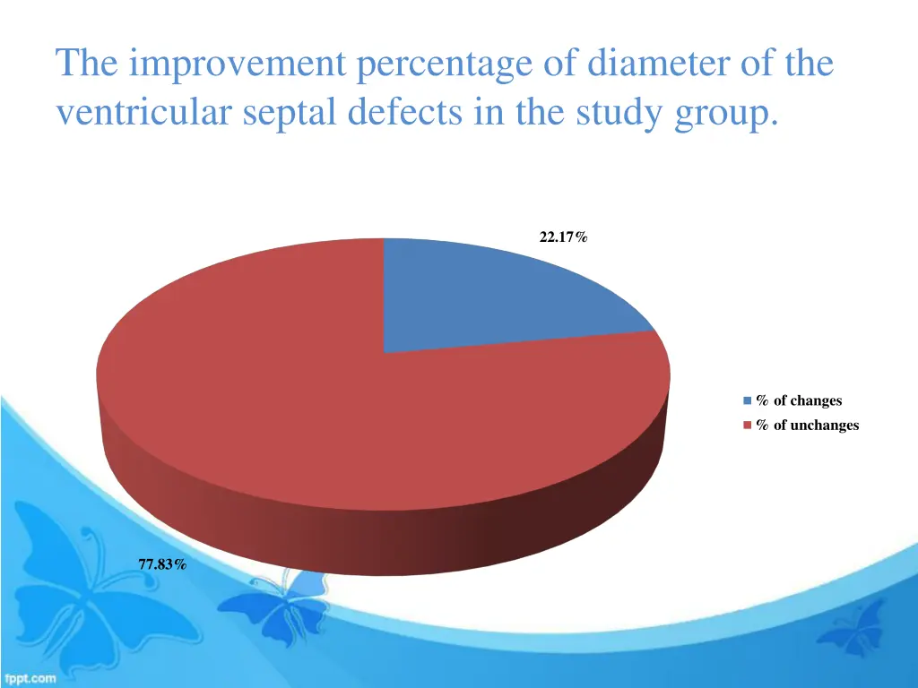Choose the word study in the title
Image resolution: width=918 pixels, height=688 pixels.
coord(614,115)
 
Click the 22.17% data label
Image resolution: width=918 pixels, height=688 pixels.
coord(563,237)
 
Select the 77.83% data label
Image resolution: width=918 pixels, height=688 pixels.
coord(162,563)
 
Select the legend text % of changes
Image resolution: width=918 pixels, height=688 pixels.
coord(799,401)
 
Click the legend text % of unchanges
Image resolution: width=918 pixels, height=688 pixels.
coord(807,426)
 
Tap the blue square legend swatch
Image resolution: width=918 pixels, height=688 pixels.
coord(747,401)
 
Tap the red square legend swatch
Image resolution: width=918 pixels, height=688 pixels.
coord(747,426)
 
